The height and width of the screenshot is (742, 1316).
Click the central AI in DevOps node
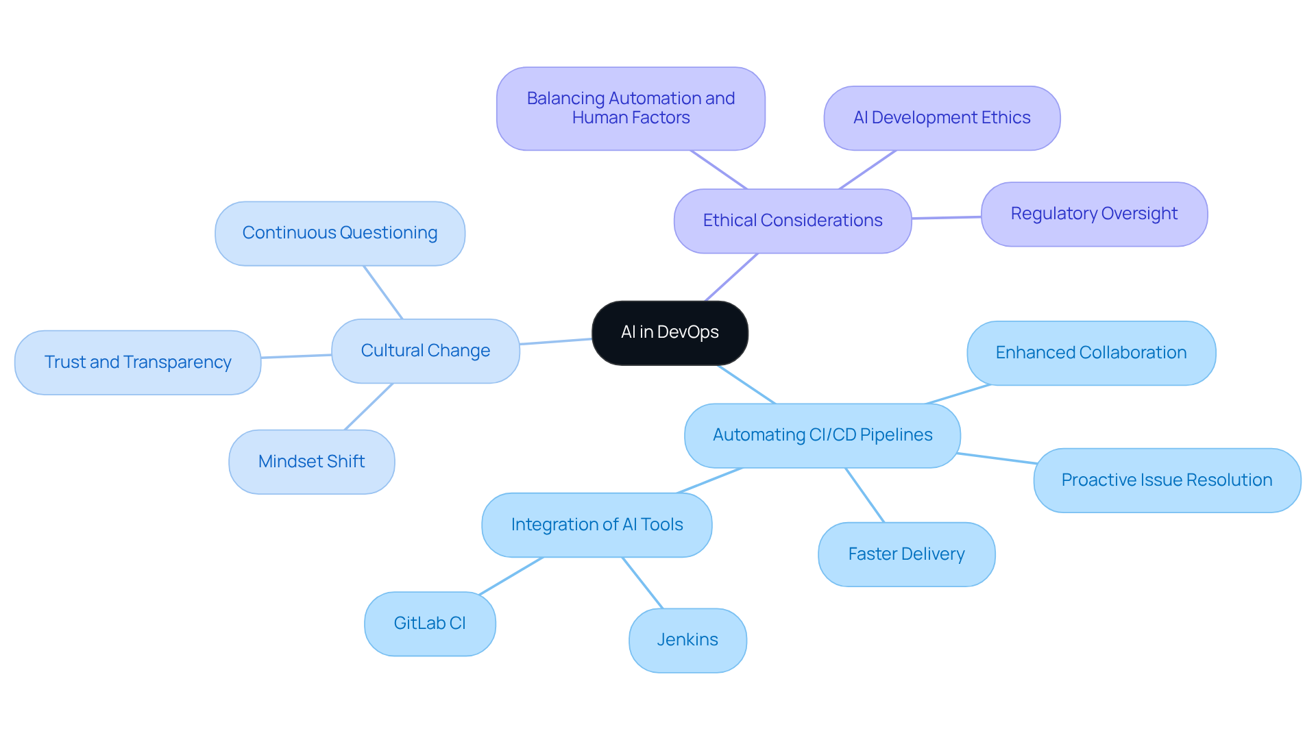point(670,332)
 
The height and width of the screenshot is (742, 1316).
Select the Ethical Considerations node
point(792,221)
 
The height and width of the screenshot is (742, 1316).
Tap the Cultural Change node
point(425,351)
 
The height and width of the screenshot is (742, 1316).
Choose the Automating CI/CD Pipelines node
point(822,435)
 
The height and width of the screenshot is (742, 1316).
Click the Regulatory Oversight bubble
point(1094,214)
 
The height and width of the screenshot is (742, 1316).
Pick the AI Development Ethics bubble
point(942,118)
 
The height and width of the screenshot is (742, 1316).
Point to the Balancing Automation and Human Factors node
point(631,108)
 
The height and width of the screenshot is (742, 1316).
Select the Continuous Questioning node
point(340,233)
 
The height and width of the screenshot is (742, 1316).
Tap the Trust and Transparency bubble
point(138,362)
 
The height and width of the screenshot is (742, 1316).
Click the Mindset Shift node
point(311,462)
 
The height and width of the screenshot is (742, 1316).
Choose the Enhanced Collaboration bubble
point(1091,353)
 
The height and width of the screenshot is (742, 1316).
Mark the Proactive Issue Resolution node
point(1167,480)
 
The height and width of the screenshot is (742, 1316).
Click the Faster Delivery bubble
point(906,554)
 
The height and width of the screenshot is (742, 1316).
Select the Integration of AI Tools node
point(597,525)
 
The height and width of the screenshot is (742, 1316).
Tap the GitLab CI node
point(430,623)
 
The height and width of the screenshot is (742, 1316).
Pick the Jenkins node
point(687,640)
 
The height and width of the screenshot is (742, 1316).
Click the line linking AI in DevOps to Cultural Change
point(556,341)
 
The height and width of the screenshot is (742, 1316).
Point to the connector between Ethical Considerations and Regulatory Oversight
point(947,217)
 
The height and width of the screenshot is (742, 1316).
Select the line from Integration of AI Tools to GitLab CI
point(511,576)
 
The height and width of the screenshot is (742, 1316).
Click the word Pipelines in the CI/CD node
point(896,435)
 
